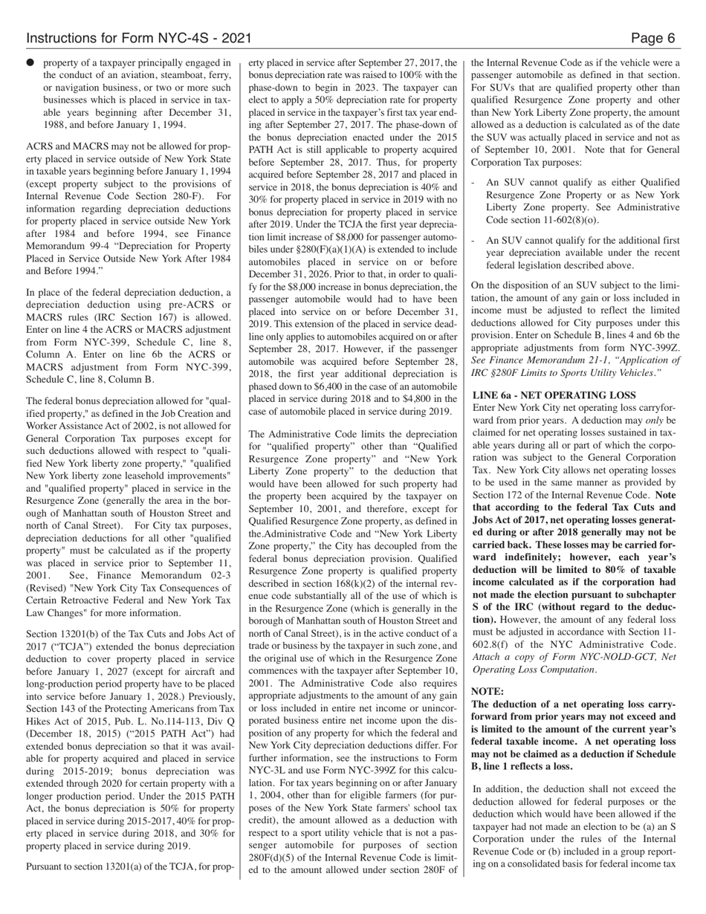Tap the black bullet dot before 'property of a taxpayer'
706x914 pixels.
point(30,63)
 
